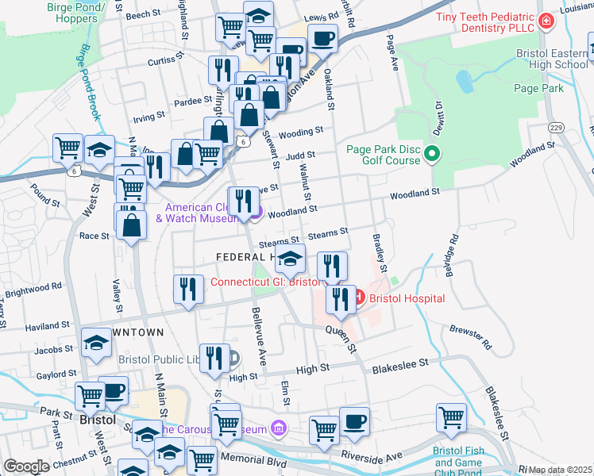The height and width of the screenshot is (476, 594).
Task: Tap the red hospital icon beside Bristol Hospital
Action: click(x=358, y=297)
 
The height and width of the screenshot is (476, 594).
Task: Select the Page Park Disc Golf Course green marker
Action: click(x=432, y=153)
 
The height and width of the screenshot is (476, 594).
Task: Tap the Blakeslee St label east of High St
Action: click(x=400, y=362)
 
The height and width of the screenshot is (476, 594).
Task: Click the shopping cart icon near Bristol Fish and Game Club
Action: click(x=451, y=417)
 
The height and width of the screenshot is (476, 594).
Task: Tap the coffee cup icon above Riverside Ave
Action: click(x=354, y=421)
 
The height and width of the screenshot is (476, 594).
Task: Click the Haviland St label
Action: click(x=47, y=326)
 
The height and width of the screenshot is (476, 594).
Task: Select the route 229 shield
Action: click(x=556, y=128)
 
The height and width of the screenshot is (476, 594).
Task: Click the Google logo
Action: click(x=26, y=466)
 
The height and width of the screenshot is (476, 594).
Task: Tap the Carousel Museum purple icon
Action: click(x=277, y=429)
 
